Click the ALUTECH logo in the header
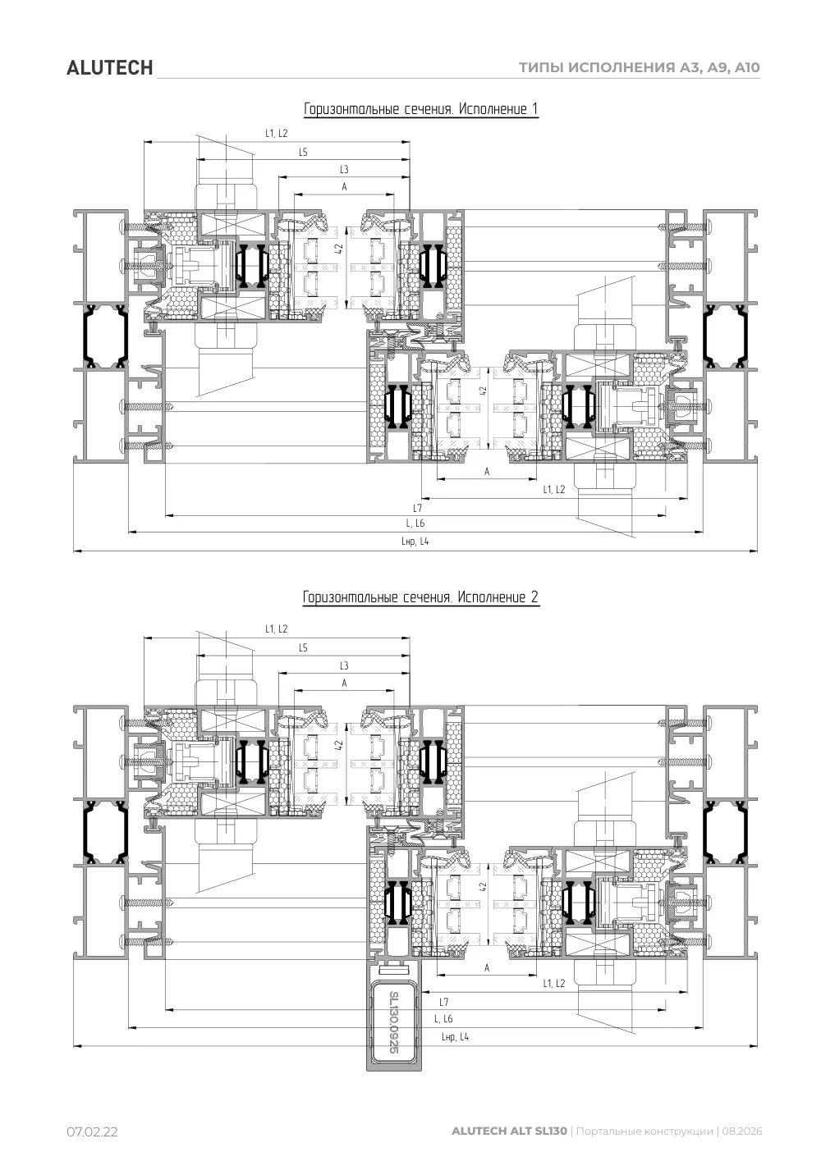(109, 68)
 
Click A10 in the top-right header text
(747, 67)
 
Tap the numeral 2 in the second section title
(534, 596)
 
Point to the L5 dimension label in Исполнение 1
(303, 152)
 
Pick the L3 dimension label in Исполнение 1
(344, 170)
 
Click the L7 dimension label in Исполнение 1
(418, 508)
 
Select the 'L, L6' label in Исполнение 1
(415, 523)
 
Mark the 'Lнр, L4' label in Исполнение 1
(415, 541)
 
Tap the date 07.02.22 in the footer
(92, 1131)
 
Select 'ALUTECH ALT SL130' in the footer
(509, 1131)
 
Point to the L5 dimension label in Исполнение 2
(303, 647)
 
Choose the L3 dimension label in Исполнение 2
(344, 665)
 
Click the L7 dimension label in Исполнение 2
(443, 1002)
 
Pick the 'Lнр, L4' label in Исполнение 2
(455, 1036)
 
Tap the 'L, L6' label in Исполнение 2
(443, 1018)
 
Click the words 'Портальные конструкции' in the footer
(644, 1131)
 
